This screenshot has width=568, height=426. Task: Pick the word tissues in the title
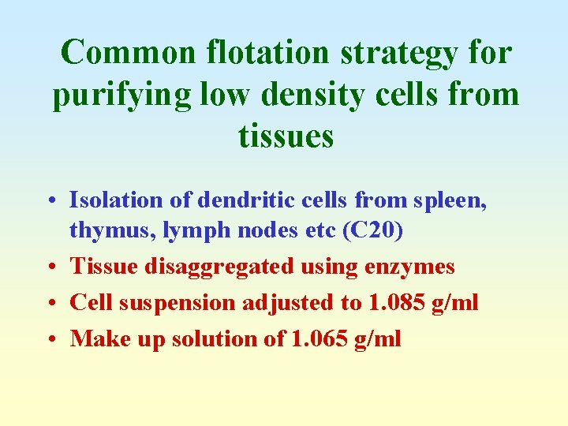[286, 136]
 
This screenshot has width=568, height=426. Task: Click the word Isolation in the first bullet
[117, 200]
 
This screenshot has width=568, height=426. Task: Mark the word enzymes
[409, 267]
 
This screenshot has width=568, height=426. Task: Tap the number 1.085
[391, 303]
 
